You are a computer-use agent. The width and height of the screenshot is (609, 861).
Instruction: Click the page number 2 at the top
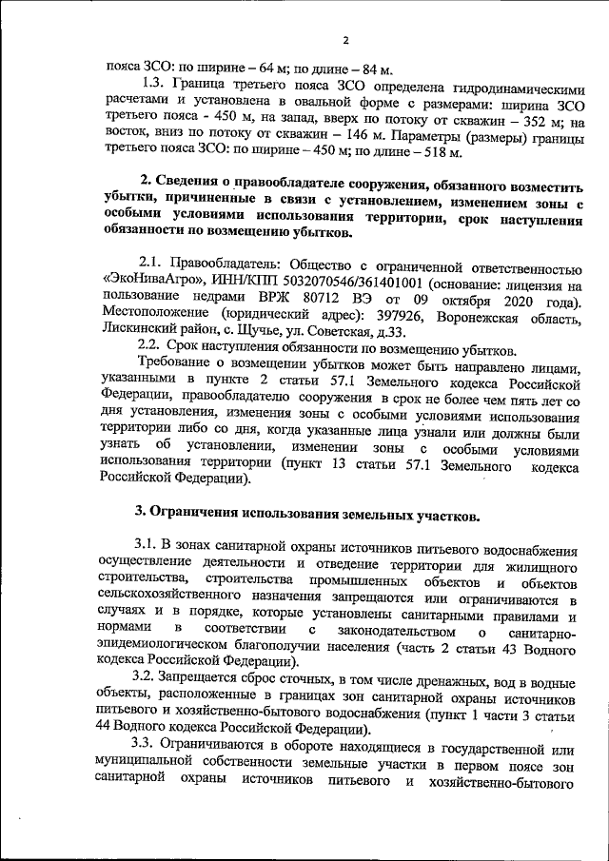(x=346, y=40)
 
